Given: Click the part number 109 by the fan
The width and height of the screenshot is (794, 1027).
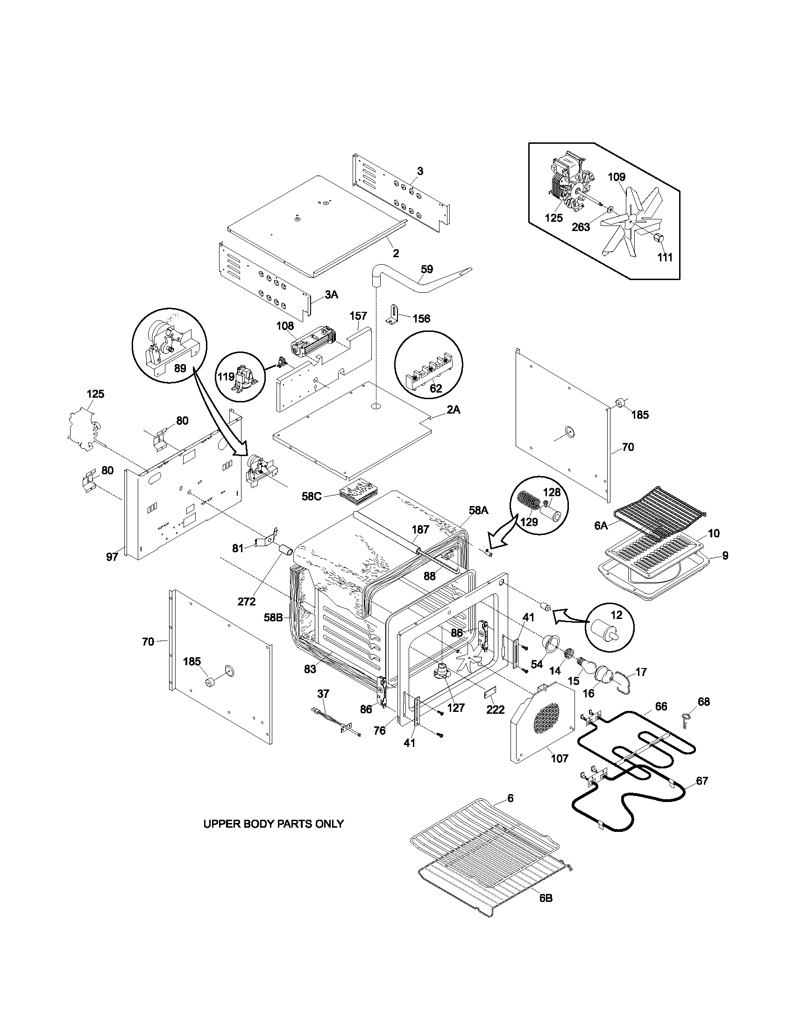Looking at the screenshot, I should pyautogui.click(x=616, y=177).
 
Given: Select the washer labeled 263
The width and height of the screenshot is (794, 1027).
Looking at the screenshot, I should pyautogui.click(x=610, y=209).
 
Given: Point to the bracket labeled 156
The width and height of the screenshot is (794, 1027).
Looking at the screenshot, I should pyautogui.click(x=393, y=314).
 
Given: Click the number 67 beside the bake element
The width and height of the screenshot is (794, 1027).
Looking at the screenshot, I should pyautogui.click(x=702, y=781).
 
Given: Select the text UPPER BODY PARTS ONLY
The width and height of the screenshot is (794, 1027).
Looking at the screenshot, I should pyautogui.click(x=273, y=824).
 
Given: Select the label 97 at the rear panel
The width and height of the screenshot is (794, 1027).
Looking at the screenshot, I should pyautogui.click(x=112, y=557).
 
